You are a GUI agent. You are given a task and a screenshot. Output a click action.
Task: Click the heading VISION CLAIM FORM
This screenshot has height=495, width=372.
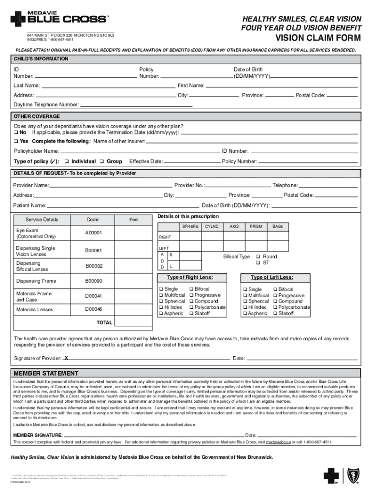pos(318,38)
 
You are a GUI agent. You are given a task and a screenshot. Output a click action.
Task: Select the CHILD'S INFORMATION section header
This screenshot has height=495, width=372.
pos(41,59)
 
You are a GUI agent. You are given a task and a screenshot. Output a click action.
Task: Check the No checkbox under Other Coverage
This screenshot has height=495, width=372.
pos(16,132)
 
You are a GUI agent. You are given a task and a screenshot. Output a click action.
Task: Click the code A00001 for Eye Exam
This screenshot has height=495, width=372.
pos(94,233)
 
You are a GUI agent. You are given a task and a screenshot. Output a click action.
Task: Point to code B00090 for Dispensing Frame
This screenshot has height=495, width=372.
pos(94,281)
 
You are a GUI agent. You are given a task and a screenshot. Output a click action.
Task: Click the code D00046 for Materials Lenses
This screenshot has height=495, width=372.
pos(94,309)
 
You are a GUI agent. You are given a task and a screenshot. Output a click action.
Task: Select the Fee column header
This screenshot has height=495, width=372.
pos(133,219)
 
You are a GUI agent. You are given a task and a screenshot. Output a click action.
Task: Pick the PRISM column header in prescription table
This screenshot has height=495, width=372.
pos(256,226)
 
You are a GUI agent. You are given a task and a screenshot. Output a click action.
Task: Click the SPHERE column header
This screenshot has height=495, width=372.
pos(190,226)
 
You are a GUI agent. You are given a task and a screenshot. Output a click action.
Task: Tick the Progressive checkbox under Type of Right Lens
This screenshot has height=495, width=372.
pos(192,295)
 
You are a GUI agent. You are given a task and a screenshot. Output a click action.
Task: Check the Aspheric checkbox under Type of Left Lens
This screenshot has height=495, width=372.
pos(245,314)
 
